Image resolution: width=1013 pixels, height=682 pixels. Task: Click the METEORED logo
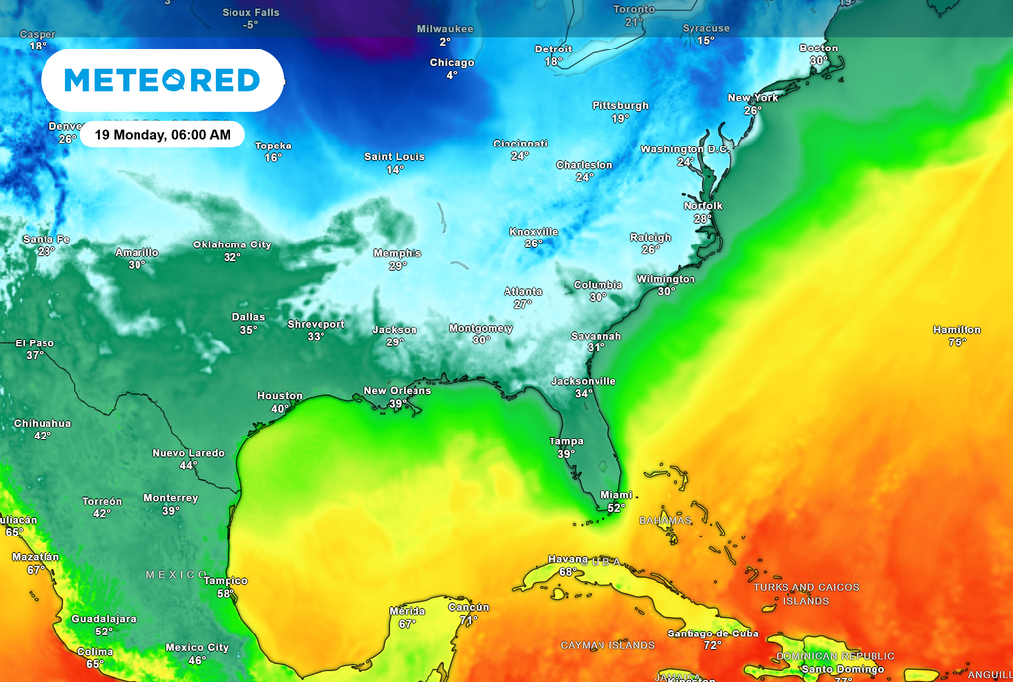[x=162, y=80]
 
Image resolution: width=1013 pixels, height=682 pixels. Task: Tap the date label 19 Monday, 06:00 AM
[x=162, y=134]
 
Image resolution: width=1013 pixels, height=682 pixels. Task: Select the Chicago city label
[x=451, y=63]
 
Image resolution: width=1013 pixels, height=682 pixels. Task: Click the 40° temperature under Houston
[x=280, y=409]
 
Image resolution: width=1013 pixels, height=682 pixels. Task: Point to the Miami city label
[x=616, y=495]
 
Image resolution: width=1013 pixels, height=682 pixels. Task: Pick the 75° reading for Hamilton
[x=957, y=342]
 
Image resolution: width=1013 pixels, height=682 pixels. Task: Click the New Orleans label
[x=398, y=390]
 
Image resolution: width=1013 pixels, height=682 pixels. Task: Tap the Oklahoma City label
[x=231, y=244]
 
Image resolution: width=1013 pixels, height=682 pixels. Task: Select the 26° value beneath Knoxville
[x=534, y=244]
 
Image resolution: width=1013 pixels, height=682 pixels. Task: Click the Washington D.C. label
[x=685, y=149]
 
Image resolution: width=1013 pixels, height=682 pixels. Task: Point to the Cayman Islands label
[x=607, y=645]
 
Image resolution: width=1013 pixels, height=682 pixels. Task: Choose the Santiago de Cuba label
[x=711, y=633]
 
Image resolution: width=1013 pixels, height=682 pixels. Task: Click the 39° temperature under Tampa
[x=565, y=454]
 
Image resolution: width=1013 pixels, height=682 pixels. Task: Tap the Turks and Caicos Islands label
[x=805, y=594]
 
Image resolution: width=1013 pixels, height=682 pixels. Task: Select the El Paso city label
[x=35, y=343]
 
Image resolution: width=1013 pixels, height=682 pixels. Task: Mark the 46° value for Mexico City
[x=197, y=661]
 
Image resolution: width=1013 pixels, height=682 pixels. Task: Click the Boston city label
[x=818, y=48]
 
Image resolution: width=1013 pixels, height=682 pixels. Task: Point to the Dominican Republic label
[x=834, y=656]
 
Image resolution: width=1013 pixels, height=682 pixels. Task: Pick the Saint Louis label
[x=395, y=157]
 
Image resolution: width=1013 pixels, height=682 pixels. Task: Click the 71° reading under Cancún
[x=468, y=620]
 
